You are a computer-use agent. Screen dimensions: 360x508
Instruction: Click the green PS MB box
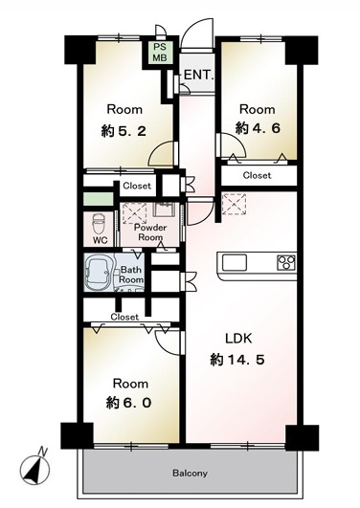pos(160,53)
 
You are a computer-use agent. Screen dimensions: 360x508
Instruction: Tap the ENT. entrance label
pos(199,75)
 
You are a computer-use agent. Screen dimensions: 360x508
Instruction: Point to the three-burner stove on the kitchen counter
pos(286,262)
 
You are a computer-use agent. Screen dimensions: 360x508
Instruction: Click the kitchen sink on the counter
pos(235,262)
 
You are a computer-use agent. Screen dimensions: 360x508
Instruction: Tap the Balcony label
pos(190,474)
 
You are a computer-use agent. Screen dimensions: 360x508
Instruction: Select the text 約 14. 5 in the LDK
pos(236,360)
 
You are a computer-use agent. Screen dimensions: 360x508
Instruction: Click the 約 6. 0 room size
pos(128,403)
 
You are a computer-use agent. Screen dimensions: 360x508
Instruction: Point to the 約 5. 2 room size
pos(124,131)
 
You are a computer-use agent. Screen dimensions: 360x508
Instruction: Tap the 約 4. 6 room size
pos(258,128)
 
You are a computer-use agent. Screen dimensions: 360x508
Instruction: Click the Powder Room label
pos(150,232)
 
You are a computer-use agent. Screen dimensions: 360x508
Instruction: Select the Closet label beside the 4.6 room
pos(257,175)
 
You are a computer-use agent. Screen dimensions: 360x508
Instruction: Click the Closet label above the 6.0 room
pos(124,317)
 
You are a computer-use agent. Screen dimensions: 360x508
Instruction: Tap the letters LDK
pos(238,339)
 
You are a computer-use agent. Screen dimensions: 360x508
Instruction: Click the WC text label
pos(101,240)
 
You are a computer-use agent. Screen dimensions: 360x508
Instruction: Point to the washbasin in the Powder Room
pos(164,210)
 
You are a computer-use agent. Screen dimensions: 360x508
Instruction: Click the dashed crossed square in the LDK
pos(234,205)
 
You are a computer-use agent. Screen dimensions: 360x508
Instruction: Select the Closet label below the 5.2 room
pos(137,186)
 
